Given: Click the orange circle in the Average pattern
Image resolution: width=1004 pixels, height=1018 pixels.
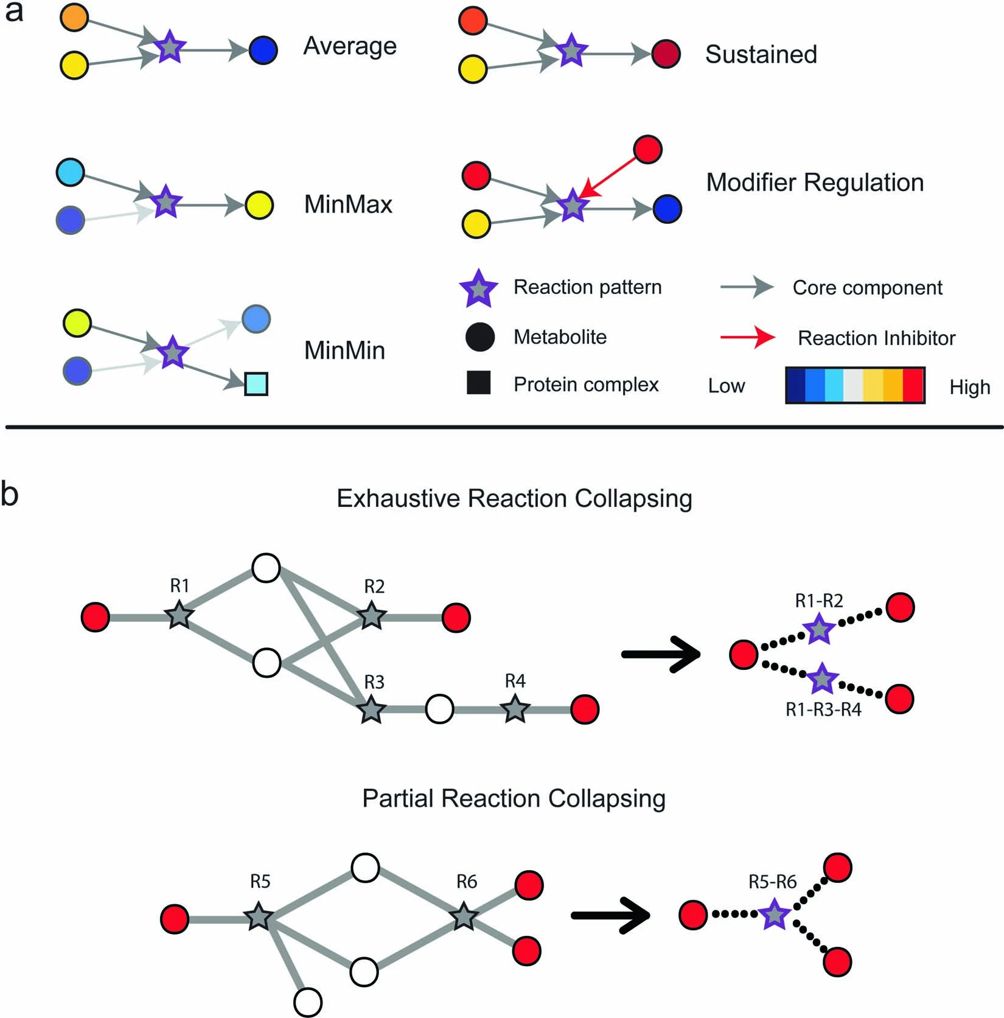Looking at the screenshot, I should pos(74,18).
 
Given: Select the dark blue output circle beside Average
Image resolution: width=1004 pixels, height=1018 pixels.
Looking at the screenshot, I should pos(263,51).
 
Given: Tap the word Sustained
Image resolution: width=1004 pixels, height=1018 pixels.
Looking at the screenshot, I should pos(761,55).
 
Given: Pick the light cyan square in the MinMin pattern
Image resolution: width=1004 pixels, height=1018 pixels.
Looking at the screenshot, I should pos(256,385).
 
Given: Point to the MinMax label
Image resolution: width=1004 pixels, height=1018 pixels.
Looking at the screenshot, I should pos(348,204).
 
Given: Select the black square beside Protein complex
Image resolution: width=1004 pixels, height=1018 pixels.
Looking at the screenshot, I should pos(479,383).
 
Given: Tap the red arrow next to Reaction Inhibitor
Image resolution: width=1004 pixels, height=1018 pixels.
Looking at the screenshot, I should pos(748,337).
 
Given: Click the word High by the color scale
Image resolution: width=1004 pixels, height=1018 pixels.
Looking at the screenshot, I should pos(969,387).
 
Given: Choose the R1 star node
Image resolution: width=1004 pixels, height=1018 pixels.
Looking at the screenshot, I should pos(180,616).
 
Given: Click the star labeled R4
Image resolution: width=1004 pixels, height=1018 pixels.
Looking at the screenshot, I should pos(515,709).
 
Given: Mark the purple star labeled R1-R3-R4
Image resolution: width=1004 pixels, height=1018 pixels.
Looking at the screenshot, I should pos(823,680).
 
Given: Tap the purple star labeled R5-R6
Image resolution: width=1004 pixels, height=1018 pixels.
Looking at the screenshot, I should pos(775,915).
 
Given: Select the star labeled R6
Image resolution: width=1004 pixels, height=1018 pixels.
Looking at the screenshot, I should pos(465,916).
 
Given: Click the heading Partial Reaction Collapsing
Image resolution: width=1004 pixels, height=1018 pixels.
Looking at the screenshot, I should pos(514,798).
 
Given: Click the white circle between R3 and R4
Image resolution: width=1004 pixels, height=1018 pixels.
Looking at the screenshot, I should pos(439,709).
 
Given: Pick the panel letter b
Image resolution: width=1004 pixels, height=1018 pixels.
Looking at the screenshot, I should pos(10,494).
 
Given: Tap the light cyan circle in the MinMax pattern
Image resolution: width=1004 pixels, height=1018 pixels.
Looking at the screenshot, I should pos(71,173).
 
